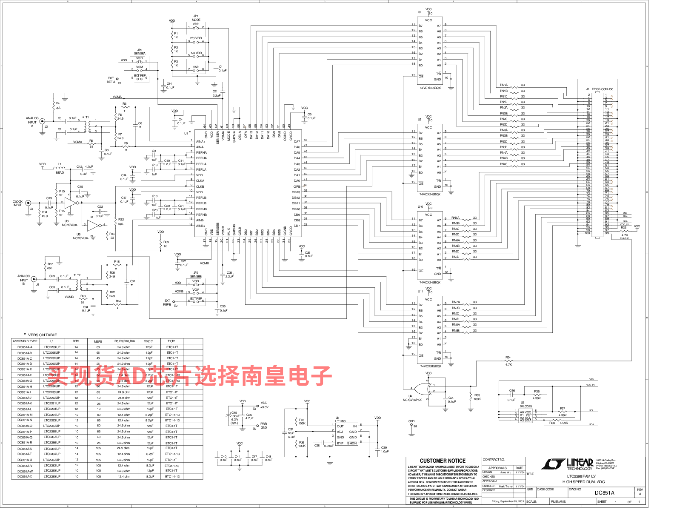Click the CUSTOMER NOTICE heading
click(x=443, y=461)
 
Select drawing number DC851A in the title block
click(x=604, y=493)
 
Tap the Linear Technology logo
click(x=568, y=464)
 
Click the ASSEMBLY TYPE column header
click(x=25, y=341)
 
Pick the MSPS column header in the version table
click(x=98, y=341)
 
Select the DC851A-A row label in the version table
click(x=25, y=347)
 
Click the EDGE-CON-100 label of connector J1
click(x=603, y=89)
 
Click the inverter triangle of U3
click(x=70, y=203)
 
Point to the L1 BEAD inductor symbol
click(x=60, y=167)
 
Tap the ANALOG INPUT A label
click(x=32, y=122)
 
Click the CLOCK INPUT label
click(x=17, y=203)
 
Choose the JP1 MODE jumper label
click(x=196, y=18)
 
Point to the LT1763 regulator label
click(x=340, y=421)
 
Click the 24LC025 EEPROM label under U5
click(x=525, y=406)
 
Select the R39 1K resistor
click(x=161, y=244)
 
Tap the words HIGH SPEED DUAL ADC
click(x=583, y=482)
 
